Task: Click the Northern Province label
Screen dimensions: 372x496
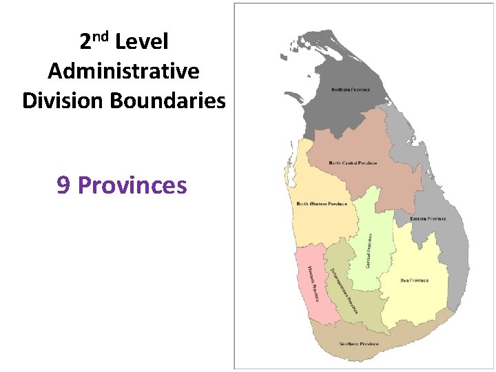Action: [351, 90]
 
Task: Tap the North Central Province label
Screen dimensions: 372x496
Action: [353, 163]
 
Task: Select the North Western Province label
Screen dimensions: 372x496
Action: [322, 204]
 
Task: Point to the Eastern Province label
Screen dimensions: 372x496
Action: [428, 219]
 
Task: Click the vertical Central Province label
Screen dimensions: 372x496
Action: [369, 249]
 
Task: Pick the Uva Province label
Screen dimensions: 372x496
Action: [415, 280]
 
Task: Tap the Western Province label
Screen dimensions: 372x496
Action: [313, 283]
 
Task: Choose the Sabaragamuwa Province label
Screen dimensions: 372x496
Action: [344, 290]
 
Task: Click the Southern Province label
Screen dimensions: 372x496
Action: [359, 344]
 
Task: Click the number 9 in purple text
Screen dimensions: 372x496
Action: [63, 185]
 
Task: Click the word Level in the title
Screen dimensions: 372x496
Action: [142, 42]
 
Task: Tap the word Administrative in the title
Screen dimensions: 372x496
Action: [124, 71]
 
